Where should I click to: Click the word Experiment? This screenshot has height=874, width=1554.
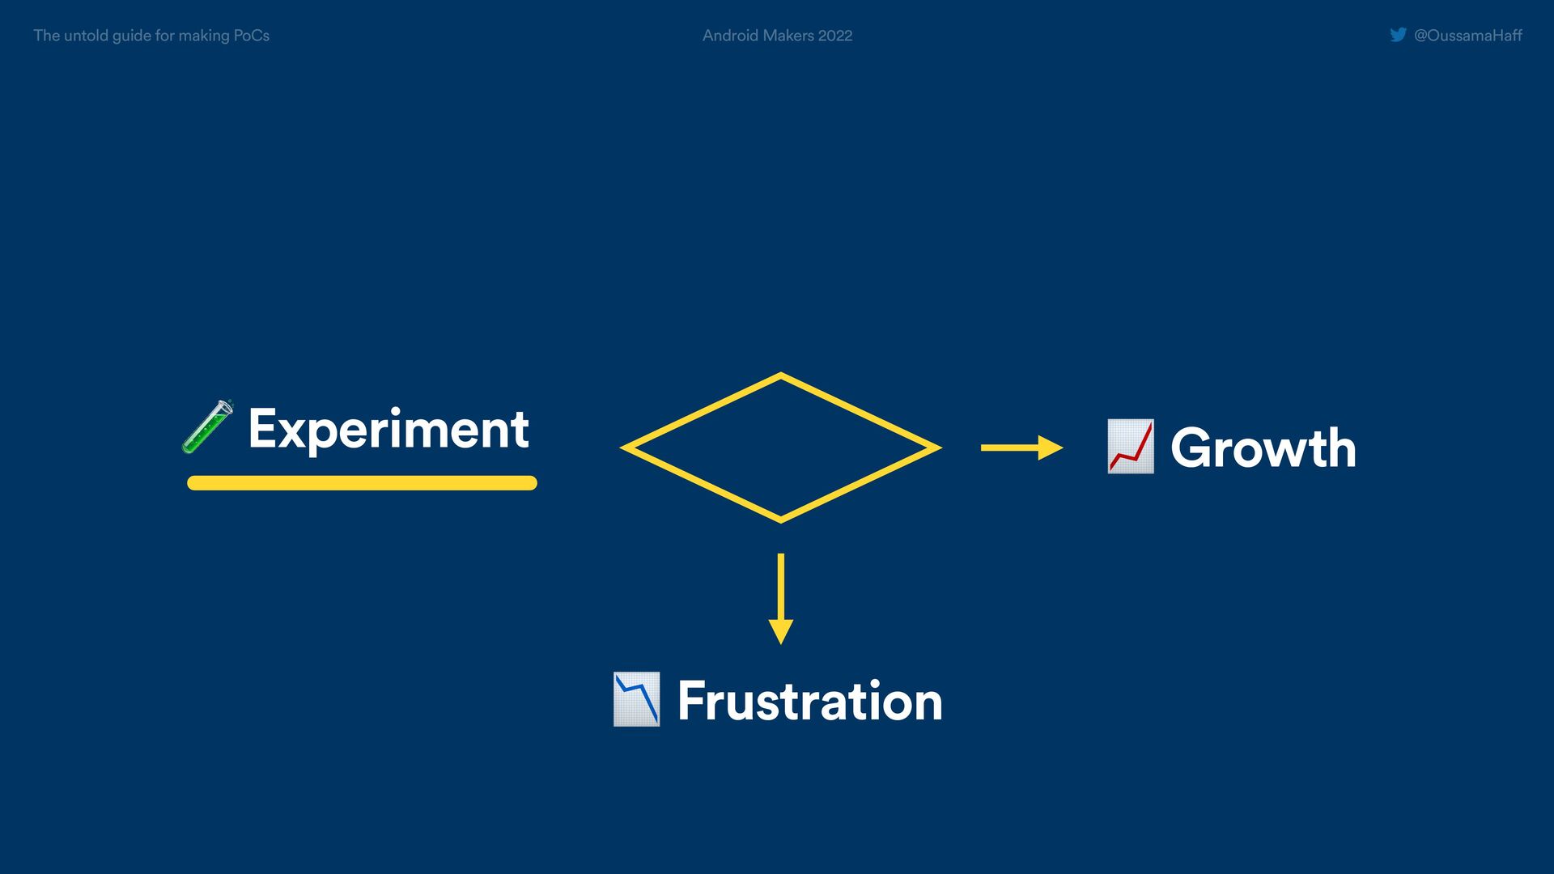(388, 429)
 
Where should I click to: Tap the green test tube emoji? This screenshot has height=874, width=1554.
(207, 426)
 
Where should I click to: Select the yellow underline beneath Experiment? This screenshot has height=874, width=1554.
(362, 483)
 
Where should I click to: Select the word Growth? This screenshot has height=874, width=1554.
(1263, 448)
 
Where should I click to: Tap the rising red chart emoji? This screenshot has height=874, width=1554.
(1130, 446)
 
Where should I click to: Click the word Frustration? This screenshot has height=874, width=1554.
(809, 701)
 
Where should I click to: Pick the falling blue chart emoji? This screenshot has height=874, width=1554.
(636, 699)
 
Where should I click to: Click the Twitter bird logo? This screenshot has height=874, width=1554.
(1398, 35)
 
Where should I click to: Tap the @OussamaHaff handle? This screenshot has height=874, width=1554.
(1467, 36)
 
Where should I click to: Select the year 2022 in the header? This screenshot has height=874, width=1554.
(835, 36)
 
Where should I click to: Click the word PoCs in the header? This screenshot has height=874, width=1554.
(251, 36)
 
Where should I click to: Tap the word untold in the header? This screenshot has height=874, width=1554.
(86, 36)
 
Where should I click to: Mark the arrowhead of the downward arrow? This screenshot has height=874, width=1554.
(780, 631)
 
